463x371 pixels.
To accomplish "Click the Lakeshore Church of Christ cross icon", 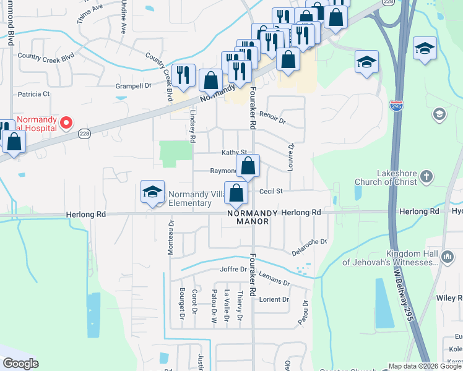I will (426, 177).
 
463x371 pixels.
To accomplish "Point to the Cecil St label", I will (270, 192).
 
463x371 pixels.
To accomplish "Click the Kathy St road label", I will (235, 152).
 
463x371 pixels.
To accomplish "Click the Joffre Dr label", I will (233, 270).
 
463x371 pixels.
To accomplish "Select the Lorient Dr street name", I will (274, 299).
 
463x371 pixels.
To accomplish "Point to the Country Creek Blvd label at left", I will (46, 56).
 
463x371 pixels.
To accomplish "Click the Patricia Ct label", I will (33, 95).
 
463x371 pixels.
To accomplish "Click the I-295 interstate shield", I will (397, 106).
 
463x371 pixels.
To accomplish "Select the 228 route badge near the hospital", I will (85, 133).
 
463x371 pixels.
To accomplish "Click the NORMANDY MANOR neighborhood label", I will (248, 217).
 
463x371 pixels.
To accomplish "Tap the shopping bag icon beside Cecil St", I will (236, 194).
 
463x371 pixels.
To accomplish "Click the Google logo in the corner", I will (20, 364).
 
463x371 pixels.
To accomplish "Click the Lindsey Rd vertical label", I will (193, 127).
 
